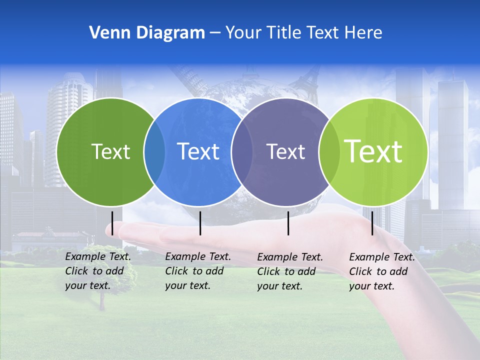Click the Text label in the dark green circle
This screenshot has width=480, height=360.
point(110,151)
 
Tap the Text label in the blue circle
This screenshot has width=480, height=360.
point(198,151)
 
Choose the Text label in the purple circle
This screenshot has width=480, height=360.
point(285,151)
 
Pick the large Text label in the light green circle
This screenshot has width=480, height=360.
point(373,151)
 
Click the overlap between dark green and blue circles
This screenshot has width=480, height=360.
point(154,151)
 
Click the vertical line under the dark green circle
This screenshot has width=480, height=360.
point(112,223)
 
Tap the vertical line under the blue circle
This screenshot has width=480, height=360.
point(200,223)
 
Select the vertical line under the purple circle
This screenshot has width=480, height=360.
point(288,223)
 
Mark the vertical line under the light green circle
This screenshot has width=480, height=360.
point(372,223)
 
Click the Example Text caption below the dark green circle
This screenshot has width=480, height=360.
point(97,271)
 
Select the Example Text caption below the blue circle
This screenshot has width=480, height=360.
point(197,271)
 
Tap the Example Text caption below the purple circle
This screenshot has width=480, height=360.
point(289,271)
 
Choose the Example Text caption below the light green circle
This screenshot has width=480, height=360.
point(381,271)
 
